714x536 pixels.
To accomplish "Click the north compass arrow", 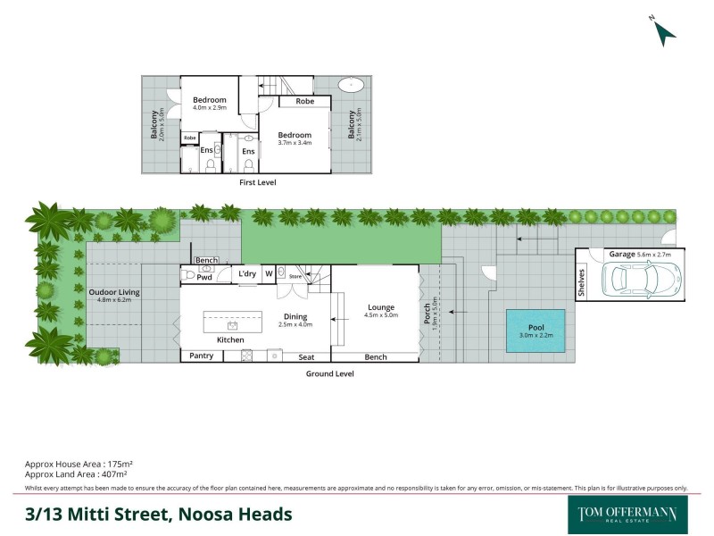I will pos(664,33).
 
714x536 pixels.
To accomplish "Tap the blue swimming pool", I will pos(535,330).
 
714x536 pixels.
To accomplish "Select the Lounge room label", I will pos(379,308).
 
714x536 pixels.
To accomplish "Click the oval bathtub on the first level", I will pos(350,87).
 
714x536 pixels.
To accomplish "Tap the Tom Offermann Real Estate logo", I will pos(628,514).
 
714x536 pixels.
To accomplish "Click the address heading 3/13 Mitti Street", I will pos(158,514).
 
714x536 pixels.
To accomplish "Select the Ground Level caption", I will pos(330,373).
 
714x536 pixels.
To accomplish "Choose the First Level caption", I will pos(258,182).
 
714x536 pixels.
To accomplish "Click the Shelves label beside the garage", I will pos(582,282).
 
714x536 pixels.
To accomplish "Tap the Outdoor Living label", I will pos(114,292).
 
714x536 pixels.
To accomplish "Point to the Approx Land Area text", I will pos(78,474).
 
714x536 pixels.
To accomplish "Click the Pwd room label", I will pos(204,277).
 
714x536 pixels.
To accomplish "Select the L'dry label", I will pos(246,273).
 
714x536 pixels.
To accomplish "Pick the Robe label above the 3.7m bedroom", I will pos(305,102).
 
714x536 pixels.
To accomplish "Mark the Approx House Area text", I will pos(79,465).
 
